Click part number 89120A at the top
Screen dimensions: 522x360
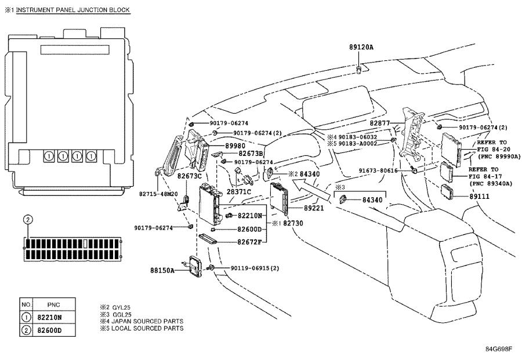pyautogui.click(x=361, y=47)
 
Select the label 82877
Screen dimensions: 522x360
pyautogui.click(x=380, y=123)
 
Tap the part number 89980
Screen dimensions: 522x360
pyautogui.click(x=235, y=146)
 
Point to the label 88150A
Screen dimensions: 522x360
pyautogui.click(x=162, y=270)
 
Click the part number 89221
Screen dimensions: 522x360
pyautogui.click(x=314, y=208)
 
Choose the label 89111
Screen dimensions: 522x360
pyautogui.click(x=480, y=197)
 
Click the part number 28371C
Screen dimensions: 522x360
pyautogui.click(x=239, y=192)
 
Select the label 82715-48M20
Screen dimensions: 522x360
pyautogui.click(x=158, y=194)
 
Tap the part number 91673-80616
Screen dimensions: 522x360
pyautogui.click(x=378, y=170)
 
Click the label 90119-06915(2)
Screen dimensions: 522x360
pyautogui.click(x=255, y=268)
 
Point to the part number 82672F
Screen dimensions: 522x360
pyautogui.click(x=249, y=242)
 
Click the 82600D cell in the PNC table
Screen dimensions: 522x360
pyautogui.click(x=50, y=330)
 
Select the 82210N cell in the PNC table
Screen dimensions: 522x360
pyautogui.click(x=50, y=318)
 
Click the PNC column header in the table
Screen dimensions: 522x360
pyautogui.click(x=53, y=305)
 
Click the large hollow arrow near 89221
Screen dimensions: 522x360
pyautogui.click(x=311, y=190)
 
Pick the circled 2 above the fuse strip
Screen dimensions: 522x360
pyautogui.click(x=28, y=220)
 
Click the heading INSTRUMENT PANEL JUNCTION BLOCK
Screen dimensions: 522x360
pyautogui.click(x=73, y=10)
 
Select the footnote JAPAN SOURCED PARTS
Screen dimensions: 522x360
pyautogui.click(x=147, y=321)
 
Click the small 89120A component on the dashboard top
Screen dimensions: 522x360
pyautogui.click(x=359, y=69)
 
